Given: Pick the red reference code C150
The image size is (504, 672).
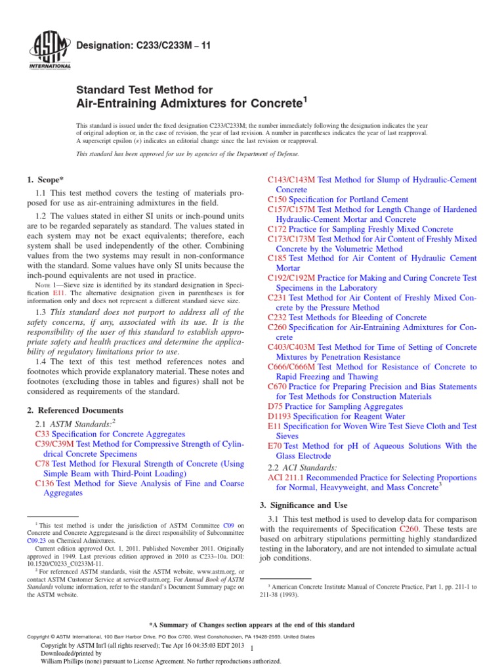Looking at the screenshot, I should [x=278, y=199].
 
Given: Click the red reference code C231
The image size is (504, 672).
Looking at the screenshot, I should [x=278, y=297].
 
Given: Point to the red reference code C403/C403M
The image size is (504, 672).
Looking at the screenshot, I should [x=291, y=346].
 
